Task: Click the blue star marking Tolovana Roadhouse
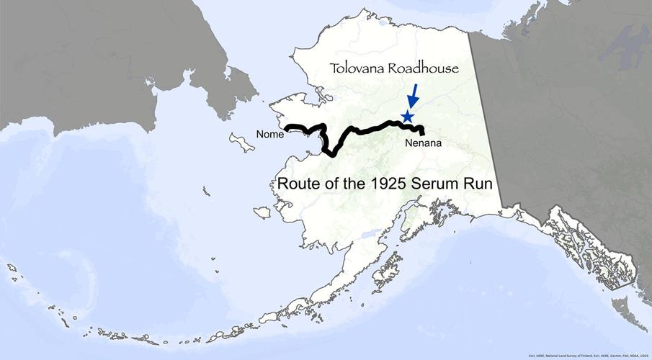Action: [x=408, y=116]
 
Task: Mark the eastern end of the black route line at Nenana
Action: [x=423, y=134]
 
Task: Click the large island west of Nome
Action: [x=241, y=141]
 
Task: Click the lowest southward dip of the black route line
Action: [x=332, y=154]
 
